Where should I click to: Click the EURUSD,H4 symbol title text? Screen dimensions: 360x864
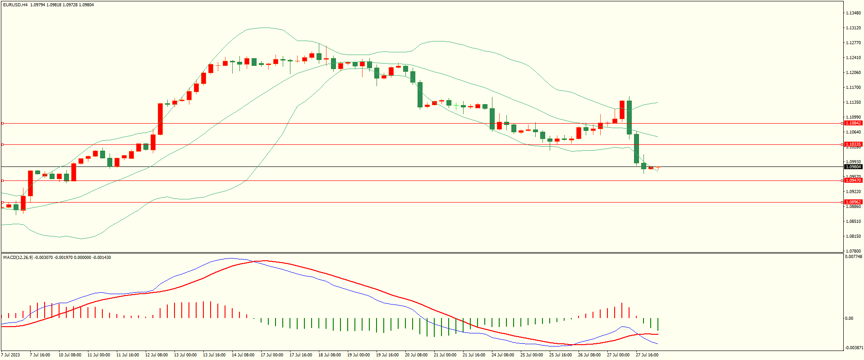15,5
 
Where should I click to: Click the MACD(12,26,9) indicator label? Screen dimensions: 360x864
18,258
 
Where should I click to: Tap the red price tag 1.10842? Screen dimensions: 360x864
853,123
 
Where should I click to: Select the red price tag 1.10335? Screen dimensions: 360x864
853,144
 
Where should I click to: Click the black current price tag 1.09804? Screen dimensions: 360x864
853,167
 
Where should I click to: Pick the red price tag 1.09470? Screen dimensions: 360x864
853,180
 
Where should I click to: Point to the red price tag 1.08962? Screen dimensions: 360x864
853,202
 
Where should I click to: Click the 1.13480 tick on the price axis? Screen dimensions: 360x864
853,13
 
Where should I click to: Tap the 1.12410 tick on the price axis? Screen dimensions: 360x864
853,58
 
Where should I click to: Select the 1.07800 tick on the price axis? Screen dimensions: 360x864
853,251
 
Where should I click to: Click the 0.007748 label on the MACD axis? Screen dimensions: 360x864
854,257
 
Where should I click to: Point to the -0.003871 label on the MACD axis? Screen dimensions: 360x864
854,347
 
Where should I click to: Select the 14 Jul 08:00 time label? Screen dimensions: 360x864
243,355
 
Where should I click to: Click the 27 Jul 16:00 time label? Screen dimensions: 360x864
647,355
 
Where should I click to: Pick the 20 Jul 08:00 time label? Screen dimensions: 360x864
416,355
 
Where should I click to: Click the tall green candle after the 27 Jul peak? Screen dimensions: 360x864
629,117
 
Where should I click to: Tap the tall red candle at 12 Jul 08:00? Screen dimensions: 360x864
160,119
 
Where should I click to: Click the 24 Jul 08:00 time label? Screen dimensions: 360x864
503,355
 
